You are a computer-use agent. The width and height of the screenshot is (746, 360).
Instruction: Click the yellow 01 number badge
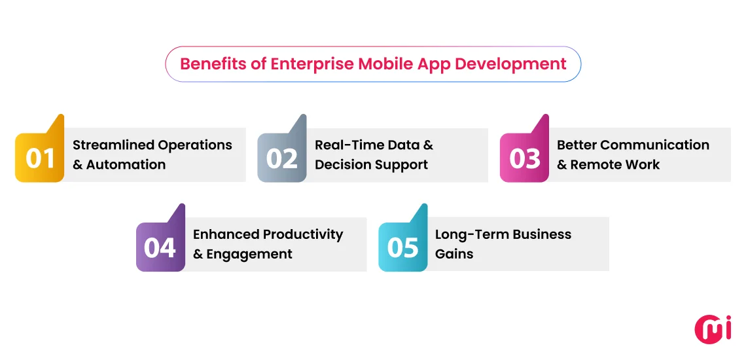click(x=39, y=158)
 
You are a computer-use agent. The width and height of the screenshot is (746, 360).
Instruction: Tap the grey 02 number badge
click(x=282, y=158)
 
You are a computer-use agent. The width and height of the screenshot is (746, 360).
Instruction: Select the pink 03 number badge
click(x=524, y=158)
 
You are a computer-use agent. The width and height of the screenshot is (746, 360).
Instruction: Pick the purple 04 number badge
click(x=160, y=247)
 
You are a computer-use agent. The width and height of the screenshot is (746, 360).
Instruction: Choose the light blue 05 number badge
click(x=402, y=247)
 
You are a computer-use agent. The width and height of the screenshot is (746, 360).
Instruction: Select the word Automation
click(x=126, y=165)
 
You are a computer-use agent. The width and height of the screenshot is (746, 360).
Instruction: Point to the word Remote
click(x=594, y=165)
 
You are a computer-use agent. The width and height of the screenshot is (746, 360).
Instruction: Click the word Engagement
click(x=249, y=254)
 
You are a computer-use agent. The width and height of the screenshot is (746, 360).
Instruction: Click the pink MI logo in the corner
click(x=713, y=329)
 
